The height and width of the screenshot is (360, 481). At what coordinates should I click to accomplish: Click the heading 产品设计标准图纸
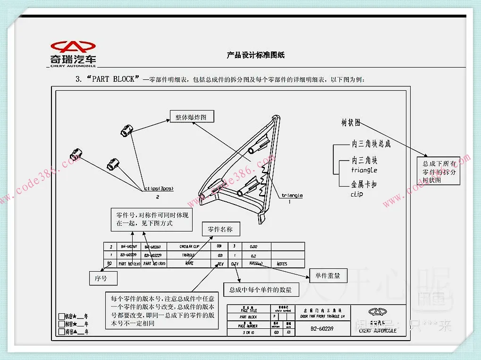pos(255,55)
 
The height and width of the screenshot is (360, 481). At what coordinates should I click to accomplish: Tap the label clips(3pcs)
pos(158,189)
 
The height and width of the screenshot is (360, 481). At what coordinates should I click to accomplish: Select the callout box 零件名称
pos(220,230)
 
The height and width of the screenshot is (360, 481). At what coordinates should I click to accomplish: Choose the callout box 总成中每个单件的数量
pos(261,290)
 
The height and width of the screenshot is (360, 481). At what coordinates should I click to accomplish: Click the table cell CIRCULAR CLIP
pos(189,247)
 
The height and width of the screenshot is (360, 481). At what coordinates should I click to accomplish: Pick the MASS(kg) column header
pos(256,264)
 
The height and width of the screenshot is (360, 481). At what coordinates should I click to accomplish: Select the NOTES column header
pos(282,264)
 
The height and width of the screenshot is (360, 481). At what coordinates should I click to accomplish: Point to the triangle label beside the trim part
pos(292,195)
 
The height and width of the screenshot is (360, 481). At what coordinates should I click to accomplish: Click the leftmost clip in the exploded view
pos(76,155)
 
